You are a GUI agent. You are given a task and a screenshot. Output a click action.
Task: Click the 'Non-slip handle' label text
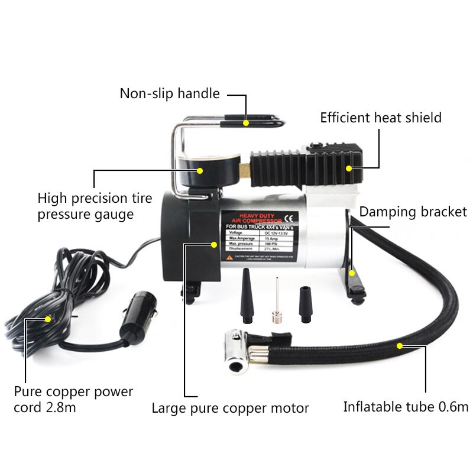(170, 93)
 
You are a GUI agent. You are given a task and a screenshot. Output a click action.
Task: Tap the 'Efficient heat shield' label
(381, 118)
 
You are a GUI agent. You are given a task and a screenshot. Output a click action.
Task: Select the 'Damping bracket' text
(413, 212)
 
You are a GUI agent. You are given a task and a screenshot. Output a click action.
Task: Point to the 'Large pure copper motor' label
(231, 408)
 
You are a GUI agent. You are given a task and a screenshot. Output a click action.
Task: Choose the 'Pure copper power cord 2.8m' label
(73, 400)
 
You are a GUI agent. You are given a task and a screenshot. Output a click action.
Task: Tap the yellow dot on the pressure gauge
(200, 171)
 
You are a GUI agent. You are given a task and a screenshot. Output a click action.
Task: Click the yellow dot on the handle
(245, 122)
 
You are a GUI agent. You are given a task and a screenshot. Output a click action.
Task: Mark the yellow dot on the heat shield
(349, 169)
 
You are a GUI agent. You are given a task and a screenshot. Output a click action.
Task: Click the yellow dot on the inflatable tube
(400, 345)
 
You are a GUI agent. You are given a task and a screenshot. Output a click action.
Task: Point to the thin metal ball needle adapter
(274, 304)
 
